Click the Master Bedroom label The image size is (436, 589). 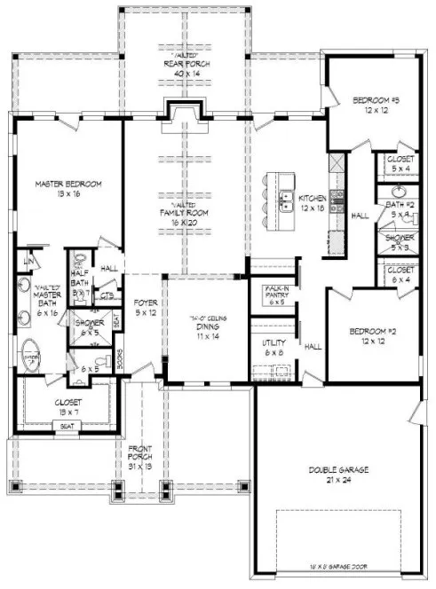pyautogui.click(x=68, y=184)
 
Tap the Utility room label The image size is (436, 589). pyautogui.click(x=272, y=342)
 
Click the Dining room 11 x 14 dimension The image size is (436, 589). pyautogui.click(x=207, y=337)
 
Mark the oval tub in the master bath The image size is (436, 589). pyautogui.click(x=29, y=357)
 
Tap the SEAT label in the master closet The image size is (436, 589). pyautogui.click(x=67, y=425)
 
